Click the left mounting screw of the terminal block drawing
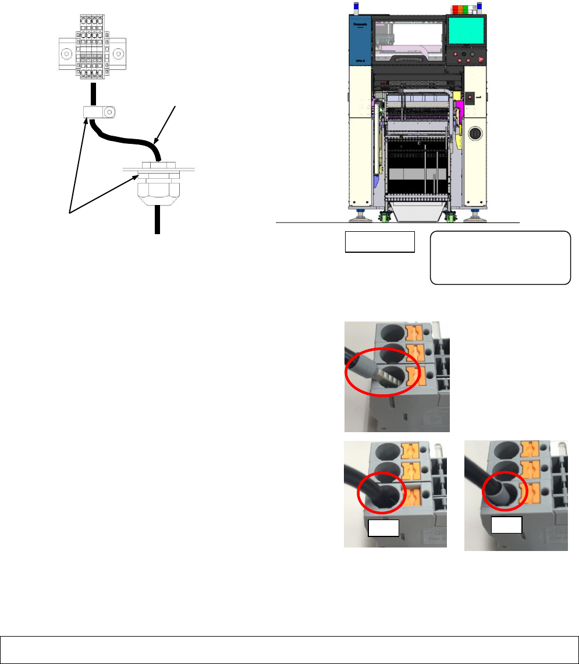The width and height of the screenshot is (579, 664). (x=66, y=55)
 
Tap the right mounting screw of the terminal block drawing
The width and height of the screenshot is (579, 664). (x=119, y=55)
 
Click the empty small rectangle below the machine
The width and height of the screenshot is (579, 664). (x=379, y=242)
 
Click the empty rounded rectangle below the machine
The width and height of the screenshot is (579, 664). (x=500, y=257)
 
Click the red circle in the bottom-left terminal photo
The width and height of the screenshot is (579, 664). (x=382, y=495)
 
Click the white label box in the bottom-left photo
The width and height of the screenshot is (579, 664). (x=384, y=528)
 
